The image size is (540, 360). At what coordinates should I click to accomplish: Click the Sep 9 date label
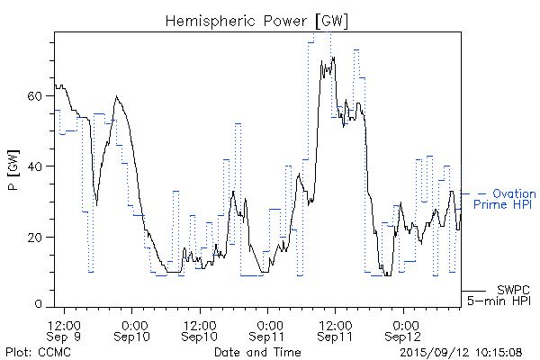pyautogui.click(x=67, y=337)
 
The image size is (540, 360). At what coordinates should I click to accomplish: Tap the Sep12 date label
pyautogui.click(x=402, y=337)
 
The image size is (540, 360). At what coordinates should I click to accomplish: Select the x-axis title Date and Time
pyautogui.click(x=257, y=351)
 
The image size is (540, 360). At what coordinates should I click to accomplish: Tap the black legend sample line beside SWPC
pyautogui.click(x=475, y=290)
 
